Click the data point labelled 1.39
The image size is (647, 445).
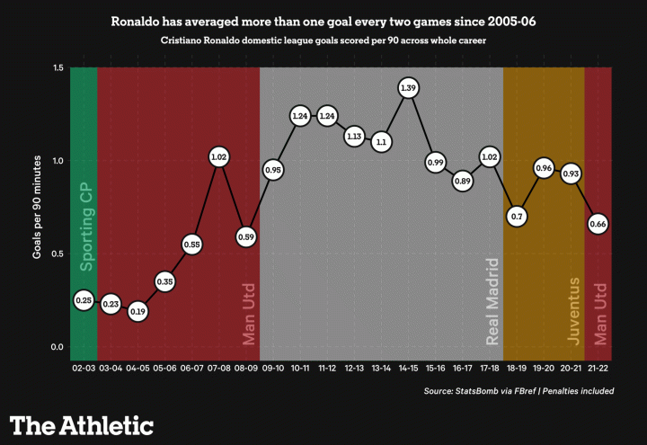[x=408, y=88]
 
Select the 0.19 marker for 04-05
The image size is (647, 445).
[x=137, y=311]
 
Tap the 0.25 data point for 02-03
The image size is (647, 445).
[x=84, y=300]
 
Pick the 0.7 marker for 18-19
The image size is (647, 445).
[x=517, y=217]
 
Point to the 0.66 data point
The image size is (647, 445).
[x=598, y=224]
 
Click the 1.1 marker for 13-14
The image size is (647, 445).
[x=381, y=142]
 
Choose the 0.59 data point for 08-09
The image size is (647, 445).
[x=246, y=237]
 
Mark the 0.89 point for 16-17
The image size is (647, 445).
[x=463, y=181]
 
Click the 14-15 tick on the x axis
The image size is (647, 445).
[x=408, y=369]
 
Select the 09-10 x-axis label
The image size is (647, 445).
[x=273, y=369]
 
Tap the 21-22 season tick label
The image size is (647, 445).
[x=598, y=369]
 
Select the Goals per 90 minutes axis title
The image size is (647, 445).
[x=38, y=207]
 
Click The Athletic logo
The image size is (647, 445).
[x=82, y=425]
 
